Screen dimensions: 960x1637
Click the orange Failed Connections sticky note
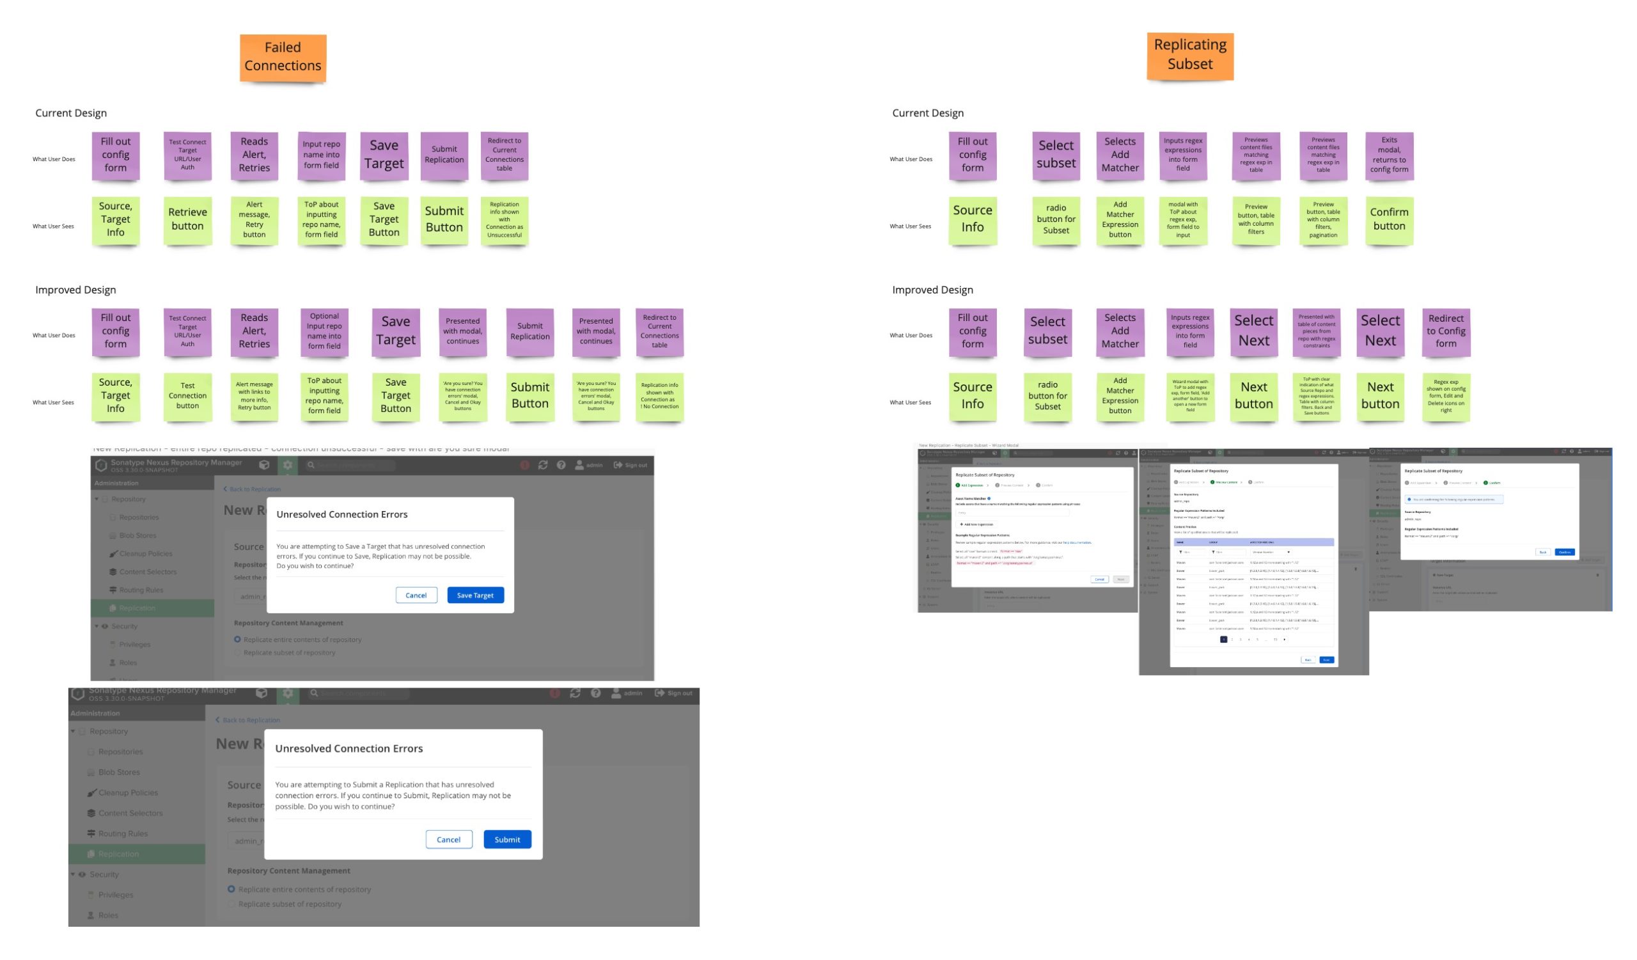[x=283, y=57]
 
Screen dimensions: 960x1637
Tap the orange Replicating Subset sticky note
[x=1189, y=55]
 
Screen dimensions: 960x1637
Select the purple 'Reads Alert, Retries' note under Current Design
[x=254, y=155]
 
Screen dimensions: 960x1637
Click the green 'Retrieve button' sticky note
[x=188, y=219]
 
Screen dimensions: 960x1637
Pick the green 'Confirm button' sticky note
[x=1389, y=219]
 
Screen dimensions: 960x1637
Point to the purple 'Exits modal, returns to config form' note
[x=1389, y=155]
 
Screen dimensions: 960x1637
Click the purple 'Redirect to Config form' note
[x=1445, y=331]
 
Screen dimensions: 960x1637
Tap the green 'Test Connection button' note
[x=188, y=395]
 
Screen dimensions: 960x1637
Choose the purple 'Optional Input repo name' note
[x=324, y=331]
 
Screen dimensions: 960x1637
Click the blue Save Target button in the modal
[x=475, y=595]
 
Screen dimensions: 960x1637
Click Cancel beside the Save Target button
[x=416, y=595]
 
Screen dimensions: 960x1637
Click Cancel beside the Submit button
[x=448, y=840]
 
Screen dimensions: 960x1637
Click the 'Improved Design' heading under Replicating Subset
[x=932, y=290]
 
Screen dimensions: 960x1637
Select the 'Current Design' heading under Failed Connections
[x=71, y=113]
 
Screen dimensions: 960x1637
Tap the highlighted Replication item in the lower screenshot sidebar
[x=118, y=854]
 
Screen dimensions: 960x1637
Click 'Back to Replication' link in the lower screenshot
[x=251, y=720]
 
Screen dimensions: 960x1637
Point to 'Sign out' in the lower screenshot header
[x=679, y=694]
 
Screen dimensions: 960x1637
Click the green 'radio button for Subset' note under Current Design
[x=1056, y=219]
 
